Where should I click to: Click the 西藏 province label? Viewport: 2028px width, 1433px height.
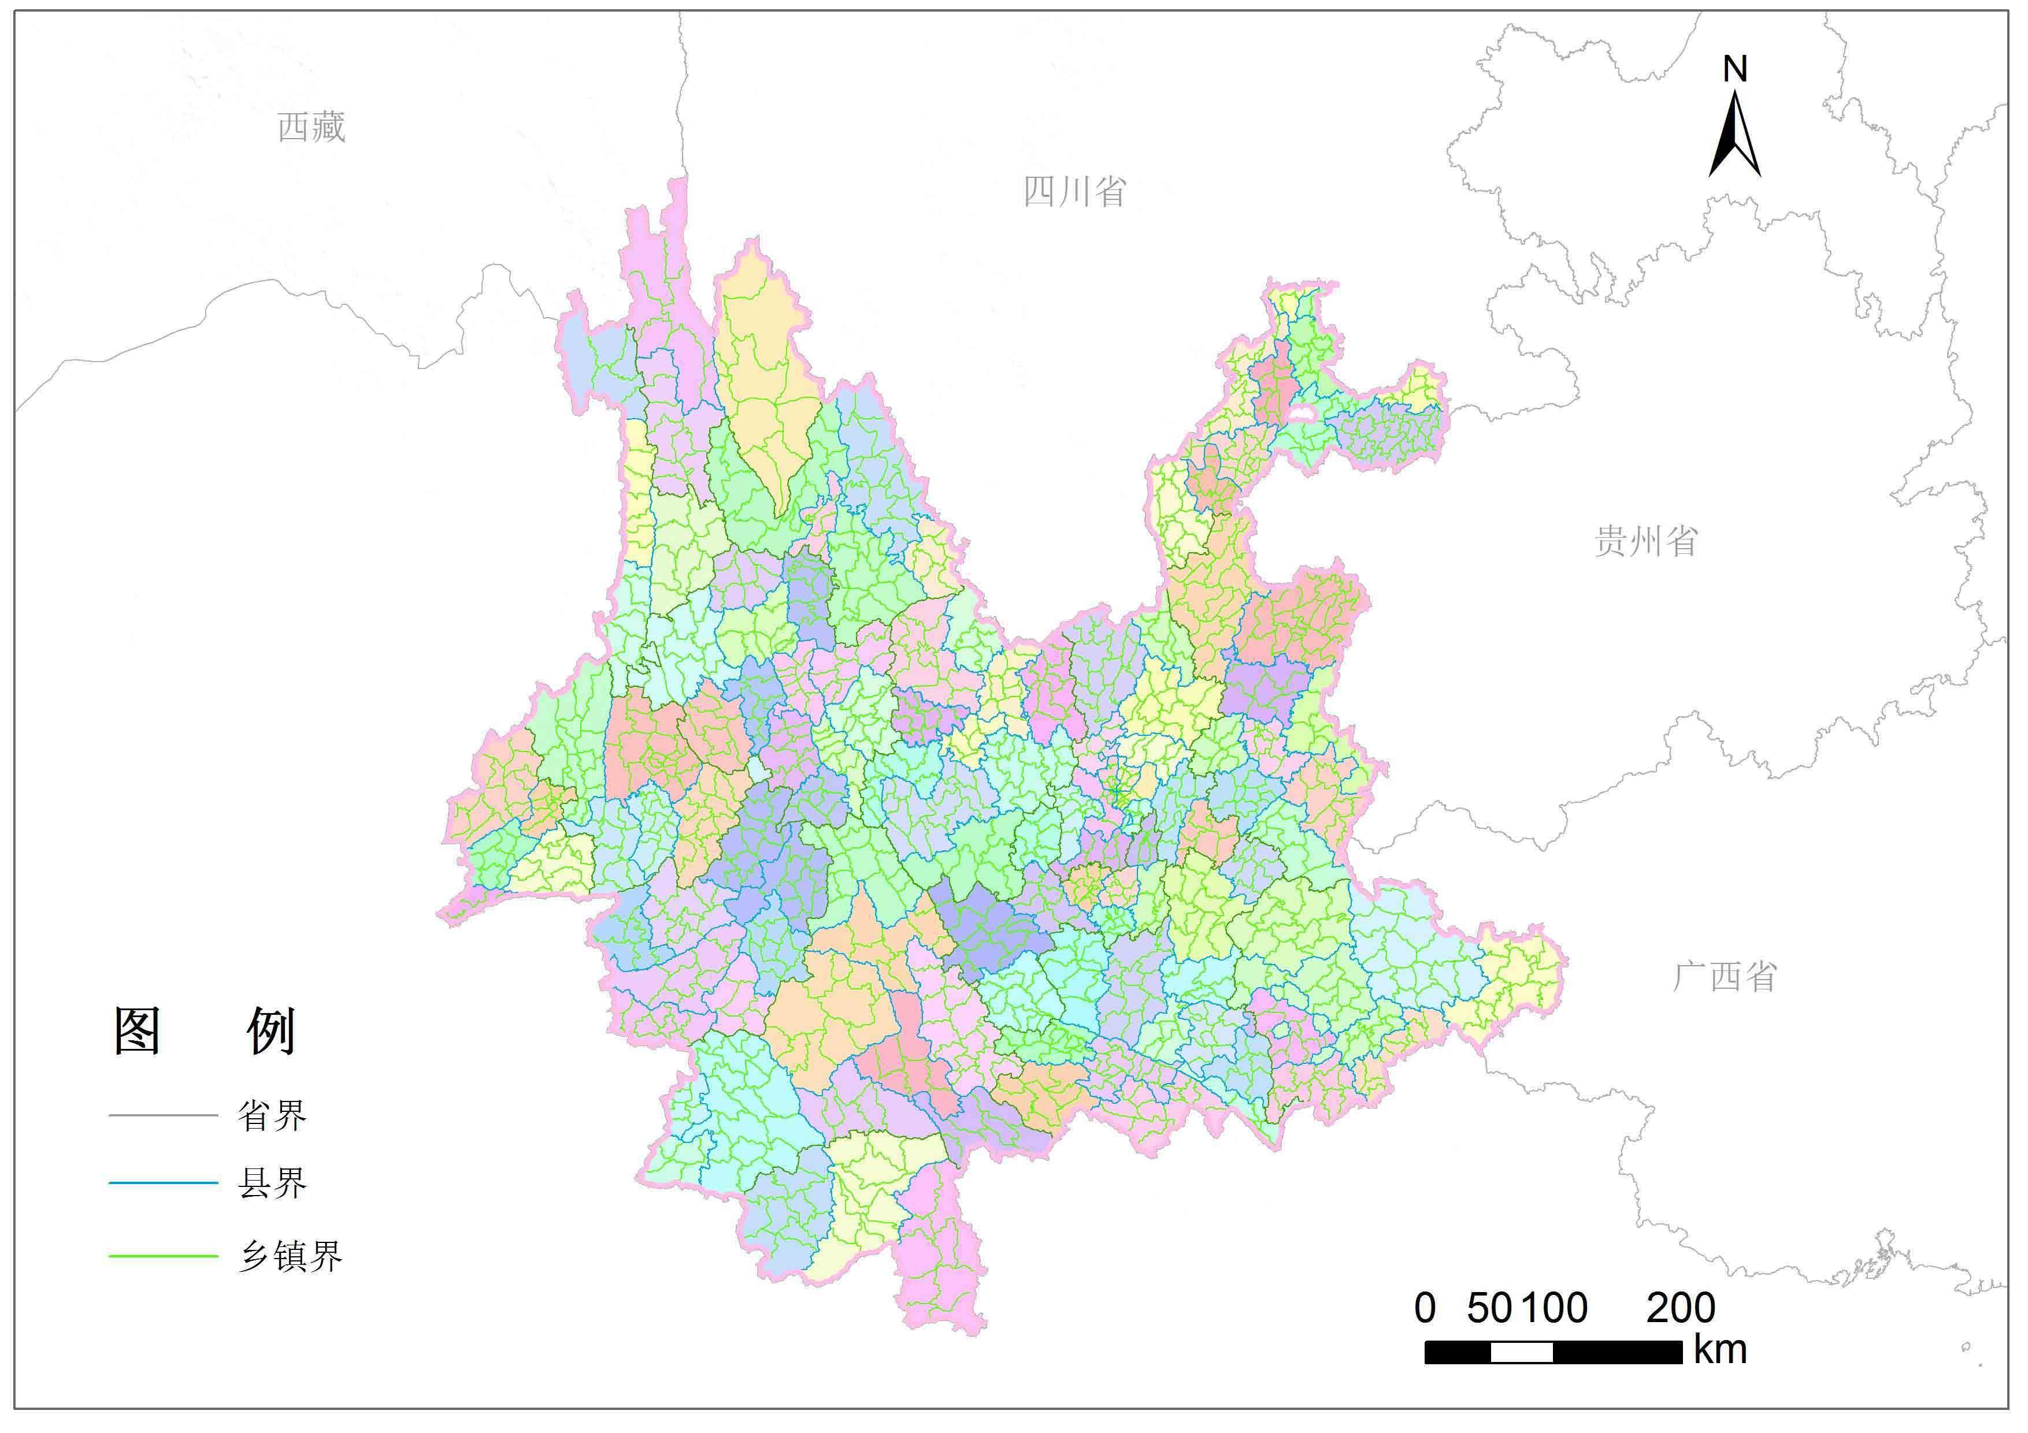pos(311,127)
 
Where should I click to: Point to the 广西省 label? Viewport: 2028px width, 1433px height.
pos(1724,977)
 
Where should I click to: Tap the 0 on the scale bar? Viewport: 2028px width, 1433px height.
pos(1425,1308)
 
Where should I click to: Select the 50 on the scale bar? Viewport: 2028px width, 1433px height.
pos(1490,1308)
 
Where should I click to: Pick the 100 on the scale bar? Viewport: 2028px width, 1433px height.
pos(1555,1308)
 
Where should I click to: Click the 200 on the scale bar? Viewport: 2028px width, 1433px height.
pos(1681,1308)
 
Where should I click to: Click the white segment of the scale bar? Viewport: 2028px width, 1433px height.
pos(1521,1352)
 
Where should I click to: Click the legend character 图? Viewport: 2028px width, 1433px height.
pos(138,1030)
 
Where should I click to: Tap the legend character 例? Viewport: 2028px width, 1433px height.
pos(270,1030)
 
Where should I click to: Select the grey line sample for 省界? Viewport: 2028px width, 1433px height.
pos(164,1115)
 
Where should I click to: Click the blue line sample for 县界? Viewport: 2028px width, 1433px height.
pos(164,1182)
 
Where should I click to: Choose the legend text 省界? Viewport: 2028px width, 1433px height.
pos(272,1116)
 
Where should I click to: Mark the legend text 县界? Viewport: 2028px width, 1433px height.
pos(272,1183)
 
